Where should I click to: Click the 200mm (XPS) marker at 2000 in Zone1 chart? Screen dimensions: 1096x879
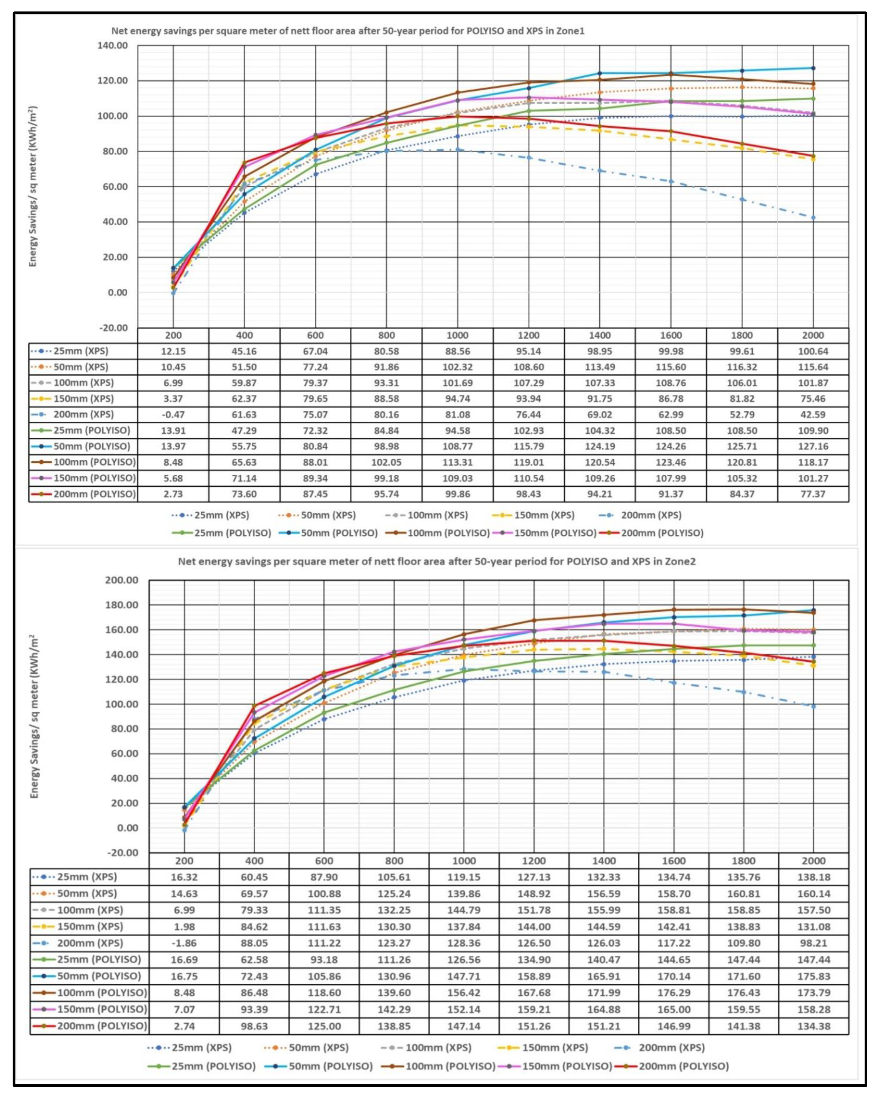pyautogui.click(x=813, y=218)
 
